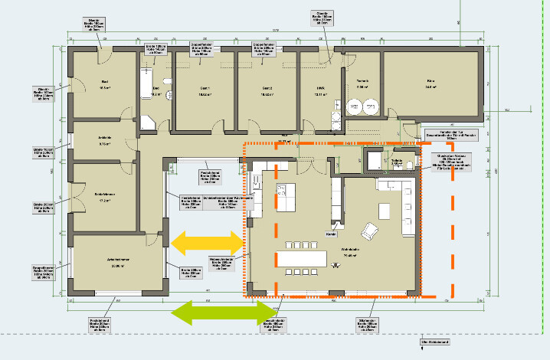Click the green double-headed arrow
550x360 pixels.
tap(217, 313)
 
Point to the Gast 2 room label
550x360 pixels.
tap(267, 87)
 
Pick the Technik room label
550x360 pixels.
tap(362, 80)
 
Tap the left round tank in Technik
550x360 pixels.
tap(355, 108)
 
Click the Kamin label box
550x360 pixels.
tap(331, 234)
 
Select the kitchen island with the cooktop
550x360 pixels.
tap(285, 198)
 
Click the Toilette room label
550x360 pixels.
tap(397, 162)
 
